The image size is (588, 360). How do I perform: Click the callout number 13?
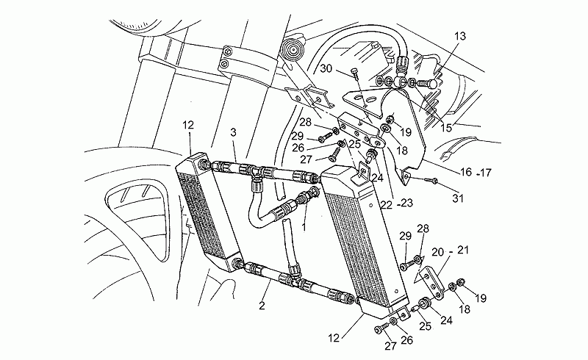click(460, 36)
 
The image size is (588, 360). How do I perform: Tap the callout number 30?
click(326, 68)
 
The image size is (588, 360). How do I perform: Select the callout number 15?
click(446, 128)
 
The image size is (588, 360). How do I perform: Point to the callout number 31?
click(458, 198)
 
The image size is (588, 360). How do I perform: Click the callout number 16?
click(466, 172)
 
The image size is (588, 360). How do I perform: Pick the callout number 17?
click(485, 173)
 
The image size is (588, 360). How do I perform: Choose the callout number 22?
click(386, 204)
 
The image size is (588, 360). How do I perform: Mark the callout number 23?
click(406, 203)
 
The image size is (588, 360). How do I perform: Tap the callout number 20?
click(437, 251)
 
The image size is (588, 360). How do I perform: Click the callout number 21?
click(463, 249)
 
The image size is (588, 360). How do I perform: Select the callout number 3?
click(233, 132)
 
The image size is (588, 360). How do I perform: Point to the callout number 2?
click(262, 305)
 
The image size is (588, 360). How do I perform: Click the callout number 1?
click(304, 227)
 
